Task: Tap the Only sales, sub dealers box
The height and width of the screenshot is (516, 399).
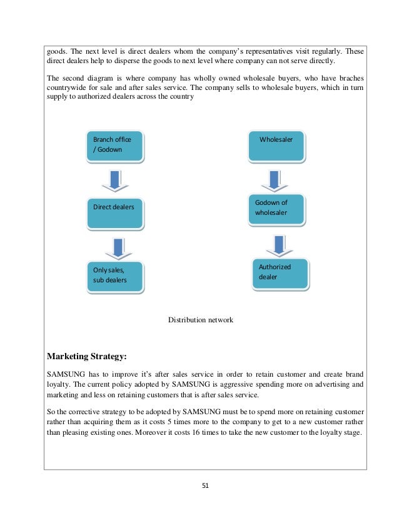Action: click(x=114, y=276)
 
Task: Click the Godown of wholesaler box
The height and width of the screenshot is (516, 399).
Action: click(x=278, y=209)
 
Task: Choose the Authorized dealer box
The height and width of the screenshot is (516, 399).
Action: click(x=280, y=272)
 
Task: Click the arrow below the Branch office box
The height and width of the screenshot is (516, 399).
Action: click(x=114, y=180)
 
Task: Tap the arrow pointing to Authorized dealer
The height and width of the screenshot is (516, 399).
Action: click(x=276, y=242)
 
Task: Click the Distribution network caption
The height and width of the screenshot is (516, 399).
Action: click(x=200, y=320)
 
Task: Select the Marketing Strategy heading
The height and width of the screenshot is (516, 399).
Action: click(x=87, y=357)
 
